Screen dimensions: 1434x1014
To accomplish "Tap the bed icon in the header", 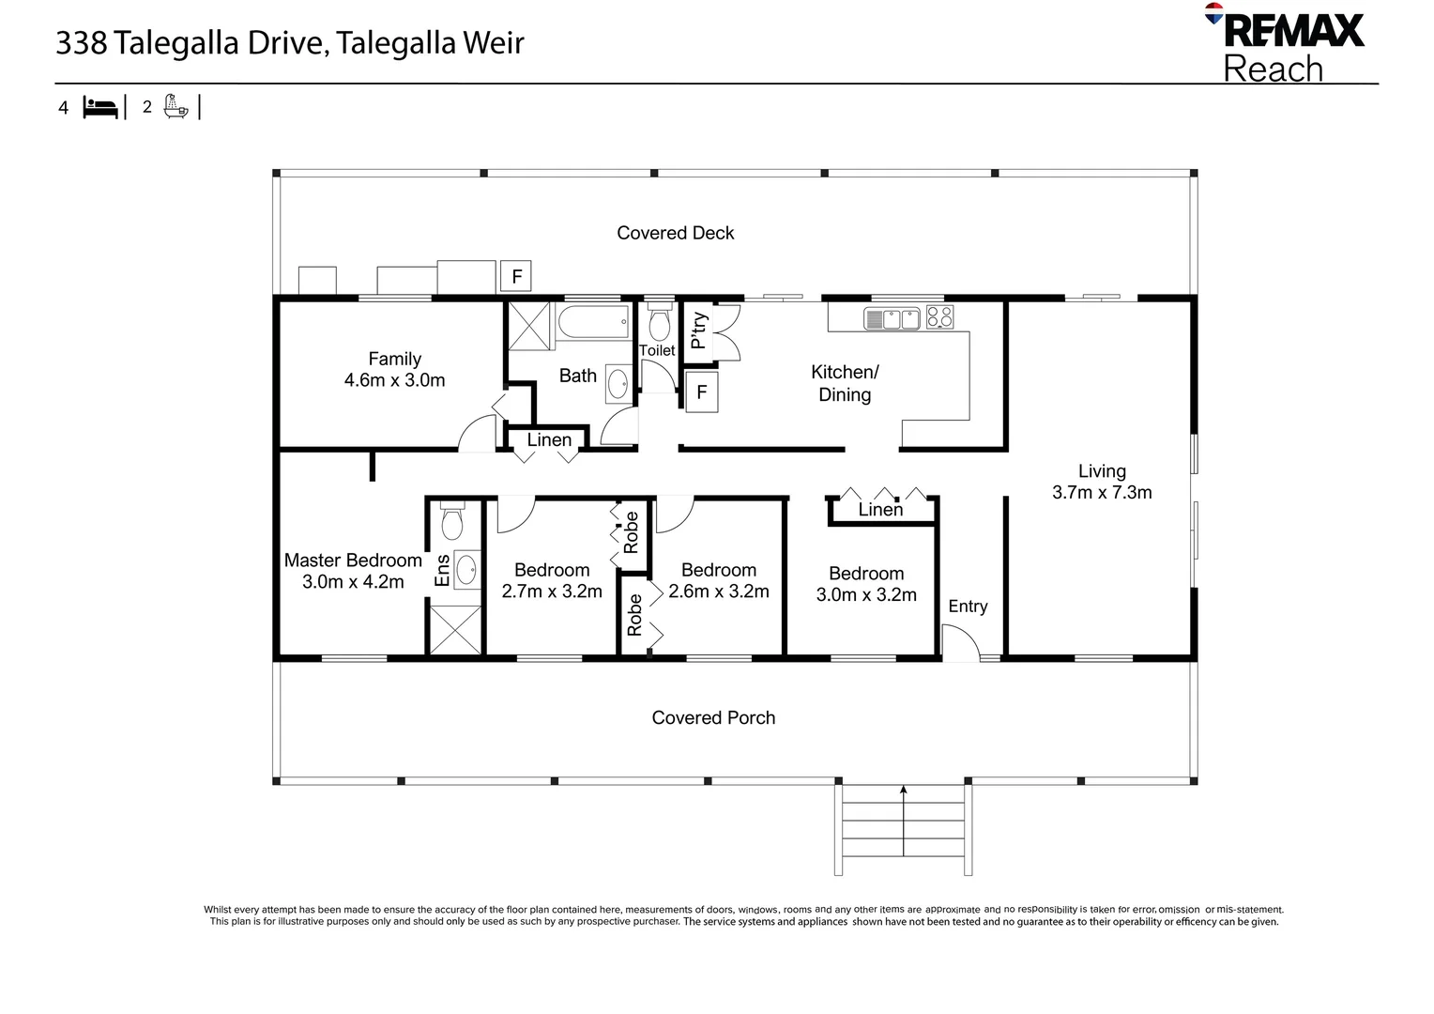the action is point(100,108).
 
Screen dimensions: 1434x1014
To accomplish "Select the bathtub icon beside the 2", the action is point(176,106).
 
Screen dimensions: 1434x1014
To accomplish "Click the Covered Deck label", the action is point(676,233).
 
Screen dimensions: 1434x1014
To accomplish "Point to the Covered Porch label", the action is point(713,717).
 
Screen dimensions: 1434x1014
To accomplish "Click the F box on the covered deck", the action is point(516,276).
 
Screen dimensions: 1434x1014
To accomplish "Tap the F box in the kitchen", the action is point(702,392).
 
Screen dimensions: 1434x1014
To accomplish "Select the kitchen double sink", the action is point(892,318).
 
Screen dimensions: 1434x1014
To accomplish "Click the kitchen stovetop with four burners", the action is point(939,317).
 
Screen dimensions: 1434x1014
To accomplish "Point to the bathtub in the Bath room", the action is point(593,321).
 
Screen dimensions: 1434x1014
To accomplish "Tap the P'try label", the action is point(699,331).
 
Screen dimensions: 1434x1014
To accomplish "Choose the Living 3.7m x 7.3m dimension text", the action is point(1102,492).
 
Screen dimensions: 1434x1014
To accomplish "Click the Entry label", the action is point(968,606).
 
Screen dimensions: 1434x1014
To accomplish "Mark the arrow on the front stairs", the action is point(904,821).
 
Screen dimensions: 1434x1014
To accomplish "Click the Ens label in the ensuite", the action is point(442,570).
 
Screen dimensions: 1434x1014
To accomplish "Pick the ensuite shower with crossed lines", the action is point(454,630).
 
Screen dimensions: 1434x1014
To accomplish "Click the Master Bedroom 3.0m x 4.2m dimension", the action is point(353,581).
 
